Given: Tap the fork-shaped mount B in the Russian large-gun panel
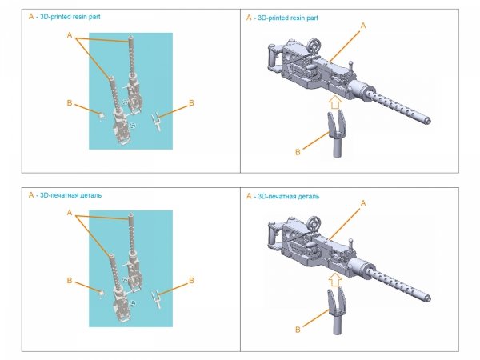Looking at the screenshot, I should click(335, 308).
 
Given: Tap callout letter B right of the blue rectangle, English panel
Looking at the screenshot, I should click(190, 102).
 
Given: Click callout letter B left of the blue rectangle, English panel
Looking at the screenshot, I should click(70, 102).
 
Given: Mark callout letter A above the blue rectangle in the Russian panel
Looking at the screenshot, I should click(70, 213).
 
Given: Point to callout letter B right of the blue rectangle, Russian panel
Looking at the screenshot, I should click(190, 281).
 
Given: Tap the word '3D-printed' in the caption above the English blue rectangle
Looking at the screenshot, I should click(53, 16).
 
